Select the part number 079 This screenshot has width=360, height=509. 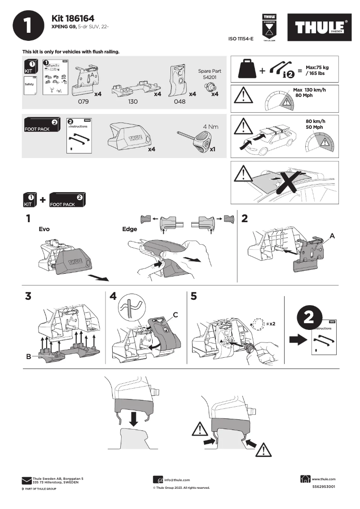click(x=84, y=102)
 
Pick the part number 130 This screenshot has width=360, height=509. click(x=132, y=102)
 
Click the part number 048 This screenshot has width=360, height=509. click(x=179, y=102)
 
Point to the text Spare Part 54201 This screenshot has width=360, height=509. click(x=209, y=75)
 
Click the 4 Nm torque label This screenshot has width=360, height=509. click(x=211, y=127)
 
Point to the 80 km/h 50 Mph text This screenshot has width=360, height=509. click(x=315, y=124)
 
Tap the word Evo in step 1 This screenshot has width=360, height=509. click(x=44, y=229)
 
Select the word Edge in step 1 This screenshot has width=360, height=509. click(x=129, y=229)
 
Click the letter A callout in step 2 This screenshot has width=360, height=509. click(x=333, y=235)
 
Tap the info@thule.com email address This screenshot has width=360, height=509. click(x=177, y=480)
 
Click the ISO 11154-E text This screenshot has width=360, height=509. click(x=241, y=39)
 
